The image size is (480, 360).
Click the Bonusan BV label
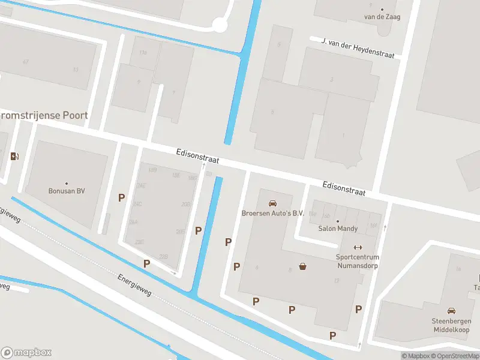67,191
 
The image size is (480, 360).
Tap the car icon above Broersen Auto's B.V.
273,203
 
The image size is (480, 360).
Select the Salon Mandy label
338,229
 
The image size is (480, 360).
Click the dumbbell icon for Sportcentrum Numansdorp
358,247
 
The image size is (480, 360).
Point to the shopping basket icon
304,266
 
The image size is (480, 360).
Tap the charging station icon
14,157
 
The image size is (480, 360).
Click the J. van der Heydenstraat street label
358,48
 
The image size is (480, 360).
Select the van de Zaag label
382,17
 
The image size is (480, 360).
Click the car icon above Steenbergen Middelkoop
451,310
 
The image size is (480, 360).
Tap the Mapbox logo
26,353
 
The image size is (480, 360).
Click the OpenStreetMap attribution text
455,356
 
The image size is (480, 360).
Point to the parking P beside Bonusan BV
122,197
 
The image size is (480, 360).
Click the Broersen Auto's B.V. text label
273,213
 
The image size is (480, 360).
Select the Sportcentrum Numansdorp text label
358,261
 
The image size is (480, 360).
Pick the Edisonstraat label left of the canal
197,157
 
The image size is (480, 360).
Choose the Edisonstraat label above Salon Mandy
344,188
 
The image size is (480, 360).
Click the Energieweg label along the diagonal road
135,284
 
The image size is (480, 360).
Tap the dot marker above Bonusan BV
67,183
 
